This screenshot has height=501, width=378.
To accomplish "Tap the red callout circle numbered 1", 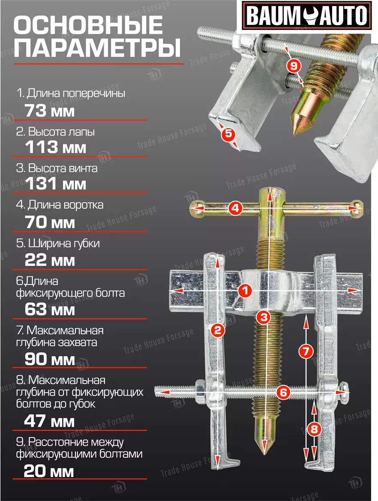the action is coord(245,291).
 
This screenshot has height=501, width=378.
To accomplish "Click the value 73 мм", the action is coord(50,111).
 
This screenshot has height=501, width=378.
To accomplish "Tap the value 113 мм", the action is coord(56,147).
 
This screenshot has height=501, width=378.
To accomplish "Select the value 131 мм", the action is coord(56,184).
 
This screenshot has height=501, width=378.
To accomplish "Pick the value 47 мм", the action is coord(50,421).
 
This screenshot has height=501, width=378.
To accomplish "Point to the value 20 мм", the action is coord(49,471).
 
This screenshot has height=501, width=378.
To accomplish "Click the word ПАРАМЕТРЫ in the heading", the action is coord(97,48).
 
